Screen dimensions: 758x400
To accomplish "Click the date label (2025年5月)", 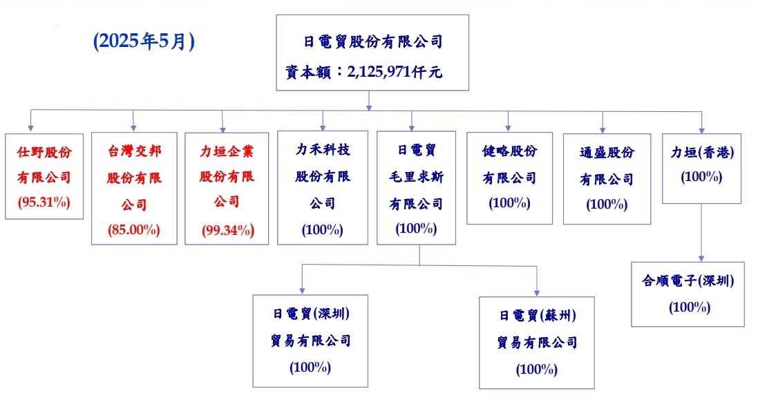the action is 144,41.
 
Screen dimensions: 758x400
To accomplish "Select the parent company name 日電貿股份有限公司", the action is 372,41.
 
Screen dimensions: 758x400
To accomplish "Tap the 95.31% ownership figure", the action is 44,202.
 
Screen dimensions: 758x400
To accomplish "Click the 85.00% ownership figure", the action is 134,229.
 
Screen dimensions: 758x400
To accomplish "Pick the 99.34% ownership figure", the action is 228,230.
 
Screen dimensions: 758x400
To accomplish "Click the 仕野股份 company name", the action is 44,152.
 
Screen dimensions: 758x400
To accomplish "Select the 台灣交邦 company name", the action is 134,151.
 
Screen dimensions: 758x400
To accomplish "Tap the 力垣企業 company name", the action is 227,151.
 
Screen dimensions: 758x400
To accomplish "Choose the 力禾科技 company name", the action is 323,150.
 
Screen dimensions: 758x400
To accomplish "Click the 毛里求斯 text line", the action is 416,177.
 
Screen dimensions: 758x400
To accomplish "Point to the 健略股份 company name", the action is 509,151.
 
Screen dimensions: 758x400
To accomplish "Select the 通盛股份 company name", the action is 607,153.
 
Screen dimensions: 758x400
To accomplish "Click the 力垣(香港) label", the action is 702,153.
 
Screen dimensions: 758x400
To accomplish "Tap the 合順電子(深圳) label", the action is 688,280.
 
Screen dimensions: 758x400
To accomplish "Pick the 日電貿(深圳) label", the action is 311,314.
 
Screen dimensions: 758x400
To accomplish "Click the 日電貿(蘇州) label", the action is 538,316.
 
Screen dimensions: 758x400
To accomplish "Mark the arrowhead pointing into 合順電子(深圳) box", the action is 701,259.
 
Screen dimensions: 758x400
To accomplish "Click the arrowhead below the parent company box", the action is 369,108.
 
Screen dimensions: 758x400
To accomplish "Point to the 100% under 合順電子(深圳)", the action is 690,307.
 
